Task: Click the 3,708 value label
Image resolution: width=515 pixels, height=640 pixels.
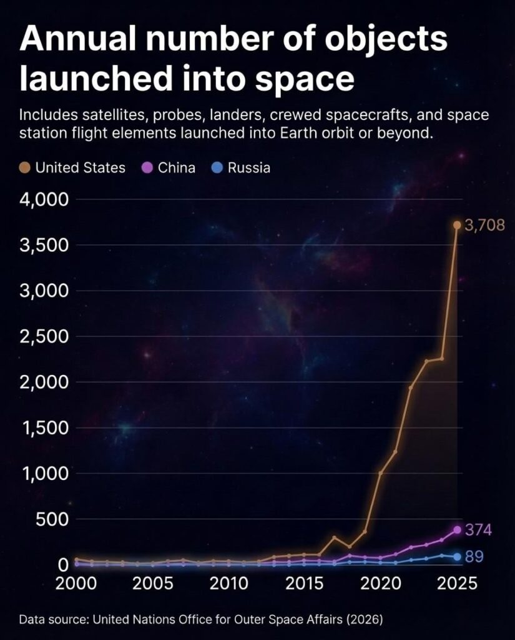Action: [x=485, y=226]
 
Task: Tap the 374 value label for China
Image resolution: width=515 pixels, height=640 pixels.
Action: [x=479, y=530]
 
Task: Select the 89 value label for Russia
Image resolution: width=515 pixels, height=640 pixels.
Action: [x=474, y=556]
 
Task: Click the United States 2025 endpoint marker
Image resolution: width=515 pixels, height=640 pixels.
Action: [x=457, y=225]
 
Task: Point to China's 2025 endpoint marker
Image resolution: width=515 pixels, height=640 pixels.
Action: [x=457, y=529]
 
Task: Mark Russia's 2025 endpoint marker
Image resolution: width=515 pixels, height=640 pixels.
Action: [x=457, y=556]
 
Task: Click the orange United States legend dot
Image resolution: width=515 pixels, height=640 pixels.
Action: [x=25, y=167]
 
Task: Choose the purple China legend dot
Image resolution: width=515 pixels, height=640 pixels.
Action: [x=148, y=167]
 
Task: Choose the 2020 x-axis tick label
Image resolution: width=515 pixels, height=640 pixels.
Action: [x=380, y=584]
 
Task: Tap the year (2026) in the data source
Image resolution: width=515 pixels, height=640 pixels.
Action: [x=365, y=620]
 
